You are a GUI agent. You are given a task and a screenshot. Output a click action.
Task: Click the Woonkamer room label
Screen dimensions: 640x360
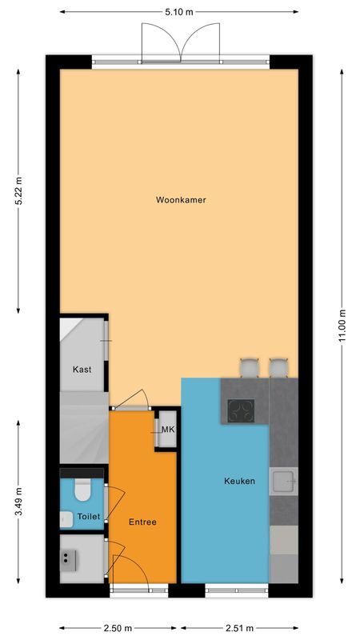pyautogui.click(x=181, y=200)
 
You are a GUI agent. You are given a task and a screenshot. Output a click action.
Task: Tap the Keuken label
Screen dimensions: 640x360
pyautogui.click(x=239, y=481)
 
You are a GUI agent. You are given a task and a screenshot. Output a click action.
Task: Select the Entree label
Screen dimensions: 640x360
pyautogui.click(x=142, y=522)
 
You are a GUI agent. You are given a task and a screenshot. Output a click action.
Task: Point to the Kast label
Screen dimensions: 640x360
pyautogui.click(x=81, y=370)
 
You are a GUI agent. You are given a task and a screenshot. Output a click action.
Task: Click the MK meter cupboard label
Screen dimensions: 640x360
pyautogui.click(x=168, y=430)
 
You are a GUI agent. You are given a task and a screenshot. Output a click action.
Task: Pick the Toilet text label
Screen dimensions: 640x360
pyautogui.click(x=88, y=518)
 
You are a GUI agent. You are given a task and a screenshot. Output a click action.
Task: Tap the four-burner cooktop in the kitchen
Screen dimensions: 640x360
pyautogui.click(x=241, y=410)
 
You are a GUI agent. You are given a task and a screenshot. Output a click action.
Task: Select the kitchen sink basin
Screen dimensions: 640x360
pyautogui.click(x=282, y=481)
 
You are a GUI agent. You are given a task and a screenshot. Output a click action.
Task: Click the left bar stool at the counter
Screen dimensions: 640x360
pyautogui.click(x=250, y=367)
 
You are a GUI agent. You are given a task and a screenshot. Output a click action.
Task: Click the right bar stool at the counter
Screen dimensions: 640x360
pyautogui.click(x=278, y=367)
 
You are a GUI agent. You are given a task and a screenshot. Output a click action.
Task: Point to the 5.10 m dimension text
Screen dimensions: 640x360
pyautogui.click(x=179, y=12)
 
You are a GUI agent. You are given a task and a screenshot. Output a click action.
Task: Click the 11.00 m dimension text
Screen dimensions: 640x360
pyautogui.click(x=342, y=326)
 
